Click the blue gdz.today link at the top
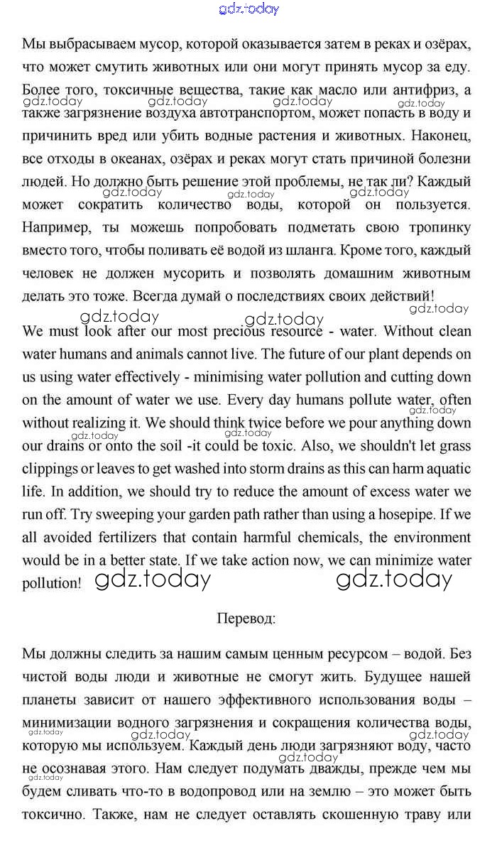click(x=248, y=9)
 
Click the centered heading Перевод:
click(x=246, y=618)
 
